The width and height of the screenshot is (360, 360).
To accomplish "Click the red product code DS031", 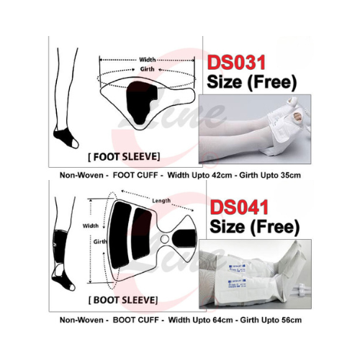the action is point(236,63).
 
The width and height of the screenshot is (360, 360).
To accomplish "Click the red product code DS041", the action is point(239,207).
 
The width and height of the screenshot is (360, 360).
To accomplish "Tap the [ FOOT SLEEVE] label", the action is point(124,157).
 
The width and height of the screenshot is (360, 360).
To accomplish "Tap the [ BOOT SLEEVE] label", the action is point(123,300).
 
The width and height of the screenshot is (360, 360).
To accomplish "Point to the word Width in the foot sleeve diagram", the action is point(148,60).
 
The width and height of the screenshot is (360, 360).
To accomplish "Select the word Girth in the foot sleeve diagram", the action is point(147,69).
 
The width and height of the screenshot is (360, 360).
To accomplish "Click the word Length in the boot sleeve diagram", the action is point(161,200).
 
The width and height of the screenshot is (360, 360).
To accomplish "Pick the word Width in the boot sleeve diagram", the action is point(91,225).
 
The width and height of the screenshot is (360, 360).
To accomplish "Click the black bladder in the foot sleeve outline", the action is point(140,102).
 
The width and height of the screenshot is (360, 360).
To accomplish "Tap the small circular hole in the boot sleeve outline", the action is point(165,239).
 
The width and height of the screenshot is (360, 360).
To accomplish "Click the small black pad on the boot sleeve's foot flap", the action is point(184,238).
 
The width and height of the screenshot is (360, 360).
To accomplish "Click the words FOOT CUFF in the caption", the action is point(135,175).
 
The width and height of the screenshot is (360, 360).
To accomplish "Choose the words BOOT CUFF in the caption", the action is point(136,320).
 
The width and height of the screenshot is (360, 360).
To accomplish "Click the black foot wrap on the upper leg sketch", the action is point(64,137).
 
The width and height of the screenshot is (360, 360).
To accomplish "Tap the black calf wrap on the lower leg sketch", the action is point(60,246).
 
